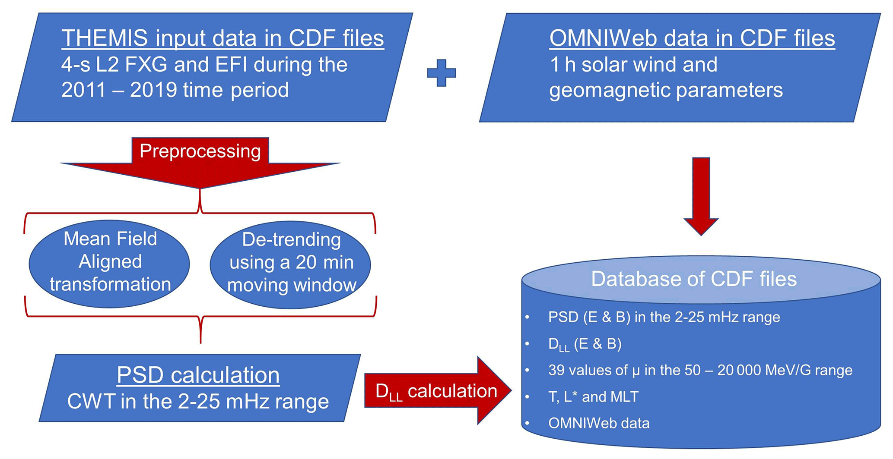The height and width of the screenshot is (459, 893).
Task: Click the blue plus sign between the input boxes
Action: coord(441,72)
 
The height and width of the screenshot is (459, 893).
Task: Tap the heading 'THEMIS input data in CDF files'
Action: coord(222,38)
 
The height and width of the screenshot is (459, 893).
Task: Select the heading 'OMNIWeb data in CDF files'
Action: coord(692,38)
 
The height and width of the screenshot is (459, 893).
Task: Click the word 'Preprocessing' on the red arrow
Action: coord(200,151)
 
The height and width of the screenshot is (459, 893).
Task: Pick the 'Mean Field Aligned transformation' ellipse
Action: coord(110,262)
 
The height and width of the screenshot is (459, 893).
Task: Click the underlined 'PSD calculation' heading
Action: coord(198,375)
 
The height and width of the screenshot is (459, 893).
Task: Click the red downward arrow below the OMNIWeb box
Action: coord(701,194)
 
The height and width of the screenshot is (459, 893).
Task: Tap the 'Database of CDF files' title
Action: coord(693,279)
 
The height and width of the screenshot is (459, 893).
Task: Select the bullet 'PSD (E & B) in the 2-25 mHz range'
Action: coord(664,317)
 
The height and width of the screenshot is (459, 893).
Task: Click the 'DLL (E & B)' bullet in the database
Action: coord(585,344)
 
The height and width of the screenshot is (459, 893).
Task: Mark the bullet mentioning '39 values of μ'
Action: coord(700,370)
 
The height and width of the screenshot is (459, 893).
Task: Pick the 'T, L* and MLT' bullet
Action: coord(593,397)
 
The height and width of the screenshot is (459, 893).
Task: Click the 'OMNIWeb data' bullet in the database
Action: coord(598,423)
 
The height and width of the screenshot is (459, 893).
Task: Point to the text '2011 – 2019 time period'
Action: coord(175,90)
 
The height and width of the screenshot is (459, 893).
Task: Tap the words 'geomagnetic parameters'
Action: coord(665,90)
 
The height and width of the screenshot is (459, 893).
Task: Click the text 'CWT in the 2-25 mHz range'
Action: coord(198,402)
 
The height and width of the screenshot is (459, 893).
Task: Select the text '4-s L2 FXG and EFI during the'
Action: coord(204,65)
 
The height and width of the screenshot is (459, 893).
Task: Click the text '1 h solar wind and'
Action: coord(633,65)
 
